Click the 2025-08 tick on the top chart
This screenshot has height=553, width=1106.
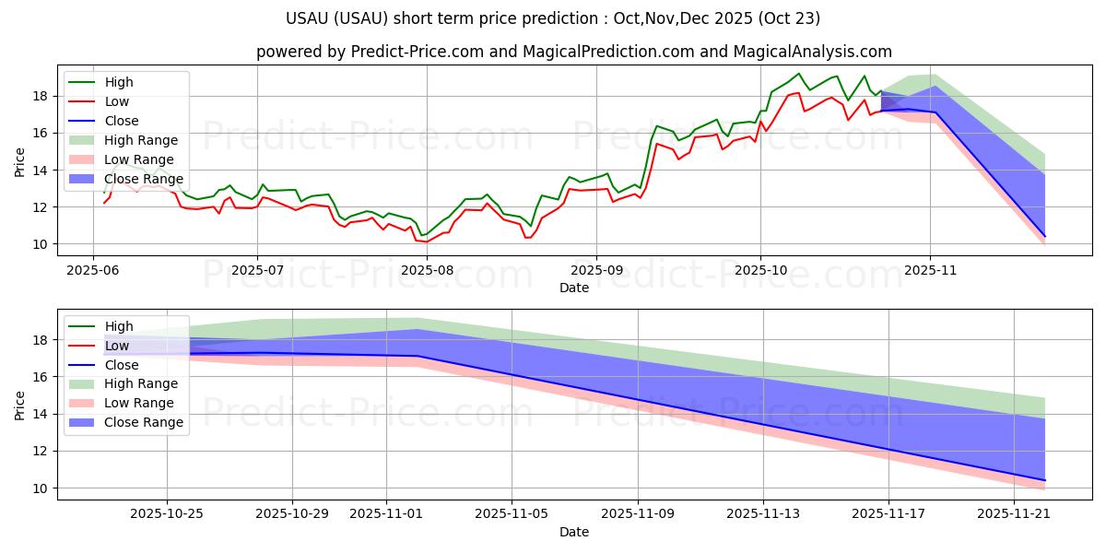coord(427,270)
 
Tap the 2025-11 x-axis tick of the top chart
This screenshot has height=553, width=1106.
coord(930,270)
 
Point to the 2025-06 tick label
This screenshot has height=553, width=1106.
coord(92,270)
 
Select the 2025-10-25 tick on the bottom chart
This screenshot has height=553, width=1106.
coord(167,514)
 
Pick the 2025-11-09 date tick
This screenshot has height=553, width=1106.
coord(638,514)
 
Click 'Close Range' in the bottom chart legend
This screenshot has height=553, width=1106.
coord(144,422)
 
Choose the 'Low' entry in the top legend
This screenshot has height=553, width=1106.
coord(118,101)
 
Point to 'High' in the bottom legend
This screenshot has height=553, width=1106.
coord(119,326)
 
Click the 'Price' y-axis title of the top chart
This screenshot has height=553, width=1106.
coord(20,162)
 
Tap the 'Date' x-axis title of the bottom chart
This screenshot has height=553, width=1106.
coord(573,532)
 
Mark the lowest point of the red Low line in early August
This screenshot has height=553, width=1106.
coord(426,242)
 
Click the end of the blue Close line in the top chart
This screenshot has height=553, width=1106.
coord(1045,237)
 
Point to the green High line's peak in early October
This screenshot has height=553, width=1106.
coord(798,74)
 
